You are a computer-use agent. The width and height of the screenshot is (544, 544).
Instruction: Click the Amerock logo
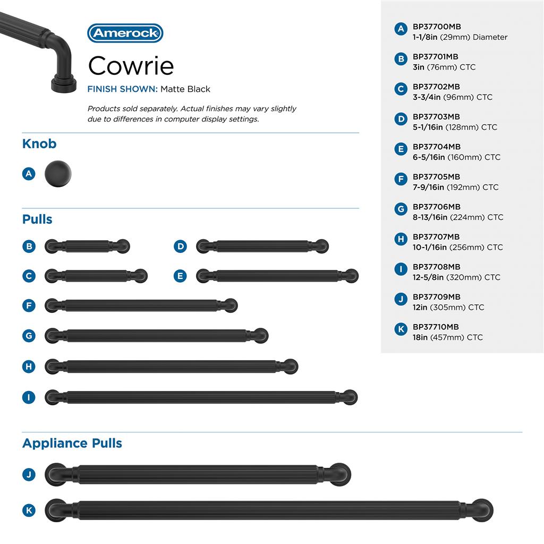coord(125,33)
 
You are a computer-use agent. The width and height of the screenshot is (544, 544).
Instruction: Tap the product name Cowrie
coord(131,65)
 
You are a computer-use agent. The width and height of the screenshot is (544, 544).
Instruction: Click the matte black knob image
coord(57,173)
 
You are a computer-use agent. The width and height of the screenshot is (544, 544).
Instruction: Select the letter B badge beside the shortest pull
coord(29,246)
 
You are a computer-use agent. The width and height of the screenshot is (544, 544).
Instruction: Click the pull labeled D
coord(262,246)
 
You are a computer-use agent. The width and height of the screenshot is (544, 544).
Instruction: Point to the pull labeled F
coord(141,305)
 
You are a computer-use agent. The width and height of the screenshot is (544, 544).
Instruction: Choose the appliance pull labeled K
coord(269,511)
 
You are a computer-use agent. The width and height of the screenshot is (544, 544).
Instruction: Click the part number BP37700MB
coord(437,27)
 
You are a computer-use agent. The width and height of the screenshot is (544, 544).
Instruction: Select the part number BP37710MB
coord(436,327)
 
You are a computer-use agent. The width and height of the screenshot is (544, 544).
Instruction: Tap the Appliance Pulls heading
coord(72,443)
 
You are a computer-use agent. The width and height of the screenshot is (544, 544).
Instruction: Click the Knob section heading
coord(39,143)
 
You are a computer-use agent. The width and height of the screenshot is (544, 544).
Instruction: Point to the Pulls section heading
coord(37,219)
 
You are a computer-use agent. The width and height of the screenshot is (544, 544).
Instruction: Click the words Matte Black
coord(185,89)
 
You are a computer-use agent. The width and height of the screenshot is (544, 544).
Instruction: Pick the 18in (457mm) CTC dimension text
coord(447,337)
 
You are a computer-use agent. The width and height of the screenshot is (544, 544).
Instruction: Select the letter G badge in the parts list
coord(401,209)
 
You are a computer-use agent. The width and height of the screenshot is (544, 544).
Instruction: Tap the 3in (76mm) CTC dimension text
coord(444,67)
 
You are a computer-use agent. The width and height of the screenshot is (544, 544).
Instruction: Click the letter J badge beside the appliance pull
coord(29,474)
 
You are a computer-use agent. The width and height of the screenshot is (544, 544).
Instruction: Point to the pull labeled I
coord(201,397)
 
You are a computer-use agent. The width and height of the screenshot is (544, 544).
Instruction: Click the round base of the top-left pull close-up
coord(61,84)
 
